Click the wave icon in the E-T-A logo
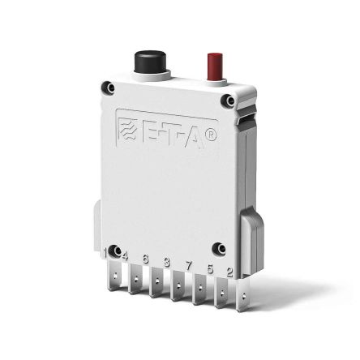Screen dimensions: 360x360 tap(128, 131)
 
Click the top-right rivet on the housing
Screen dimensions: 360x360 tap(230, 101)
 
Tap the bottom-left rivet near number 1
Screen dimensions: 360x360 tap(115, 250)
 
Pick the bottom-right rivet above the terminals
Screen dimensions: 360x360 tap(218, 248)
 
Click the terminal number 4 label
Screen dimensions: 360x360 tap(124, 257)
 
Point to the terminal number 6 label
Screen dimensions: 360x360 tap(145, 259)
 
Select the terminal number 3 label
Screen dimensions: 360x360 tap(166, 262)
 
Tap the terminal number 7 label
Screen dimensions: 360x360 tap(188, 265)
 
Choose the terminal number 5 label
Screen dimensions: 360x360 tap(209, 268)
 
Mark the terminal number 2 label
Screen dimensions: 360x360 tap(229, 272)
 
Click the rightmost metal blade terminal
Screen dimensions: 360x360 tap(240, 297)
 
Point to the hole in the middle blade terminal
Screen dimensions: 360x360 tap(177, 289)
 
